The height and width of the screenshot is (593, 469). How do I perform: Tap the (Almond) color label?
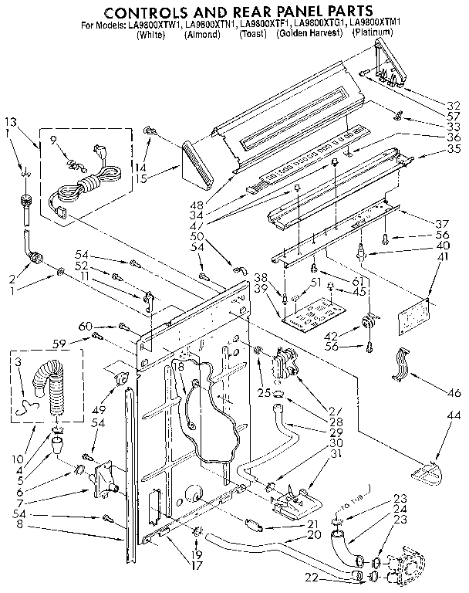[203, 35]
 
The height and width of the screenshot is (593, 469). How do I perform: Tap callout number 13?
[10, 121]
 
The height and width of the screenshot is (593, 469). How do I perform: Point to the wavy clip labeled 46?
[402, 366]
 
